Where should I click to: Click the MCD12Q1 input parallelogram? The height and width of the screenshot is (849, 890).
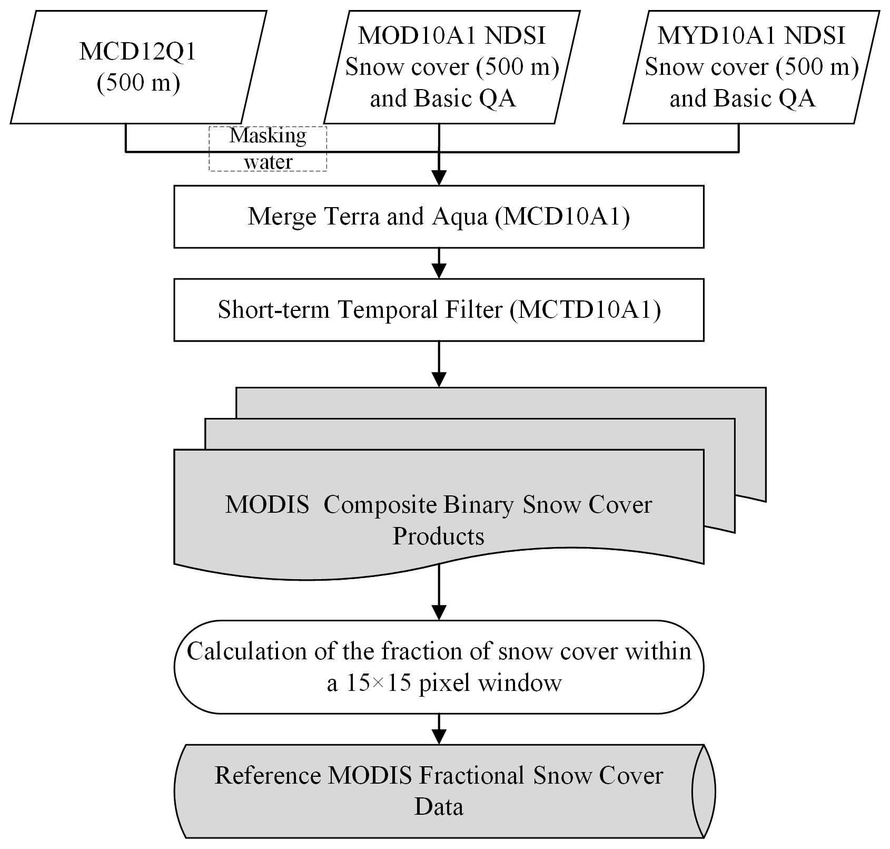click(x=138, y=67)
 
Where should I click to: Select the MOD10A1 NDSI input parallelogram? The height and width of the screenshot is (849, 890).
click(x=451, y=67)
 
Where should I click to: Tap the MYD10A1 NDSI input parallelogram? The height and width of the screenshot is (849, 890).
click(x=751, y=67)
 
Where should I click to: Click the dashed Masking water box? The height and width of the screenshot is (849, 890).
click(x=268, y=149)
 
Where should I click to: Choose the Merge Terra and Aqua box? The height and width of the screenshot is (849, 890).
click(x=439, y=217)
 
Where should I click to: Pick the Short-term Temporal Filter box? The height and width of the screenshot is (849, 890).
click(x=439, y=310)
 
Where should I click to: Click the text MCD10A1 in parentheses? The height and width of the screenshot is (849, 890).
click(x=562, y=217)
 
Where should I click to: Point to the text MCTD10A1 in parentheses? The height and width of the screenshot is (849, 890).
click(x=585, y=310)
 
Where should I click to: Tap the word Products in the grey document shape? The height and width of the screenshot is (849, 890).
click(x=438, y=536)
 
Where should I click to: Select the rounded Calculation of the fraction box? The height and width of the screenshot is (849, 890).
click(x=439, y=667)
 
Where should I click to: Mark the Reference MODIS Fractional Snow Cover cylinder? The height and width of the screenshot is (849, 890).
click(x=439, y=791)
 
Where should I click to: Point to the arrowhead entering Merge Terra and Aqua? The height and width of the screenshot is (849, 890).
click(x=439, y=178)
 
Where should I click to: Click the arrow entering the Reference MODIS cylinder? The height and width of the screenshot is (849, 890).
click(x=439, y=729)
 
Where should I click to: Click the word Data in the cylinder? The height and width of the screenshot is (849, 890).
click(x=439, y=807)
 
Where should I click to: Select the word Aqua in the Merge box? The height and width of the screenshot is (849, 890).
click(x=460, y=217)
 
